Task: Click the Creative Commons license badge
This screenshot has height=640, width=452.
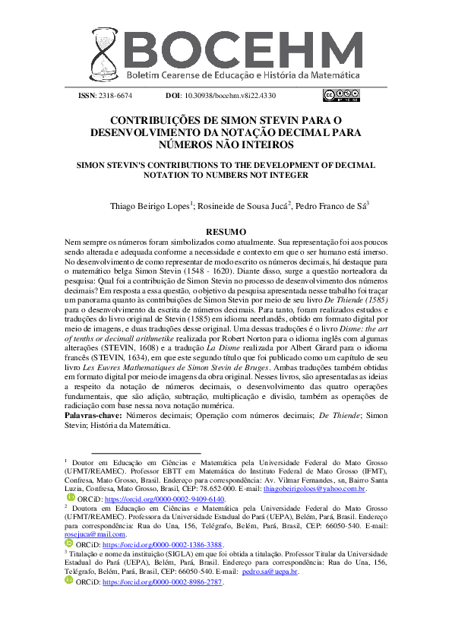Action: [341, 95]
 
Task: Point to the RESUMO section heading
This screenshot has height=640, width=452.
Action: [226, 231]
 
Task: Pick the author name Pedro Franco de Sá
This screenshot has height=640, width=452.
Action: [331, 205]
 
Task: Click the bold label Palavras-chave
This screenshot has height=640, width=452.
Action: [93, 417]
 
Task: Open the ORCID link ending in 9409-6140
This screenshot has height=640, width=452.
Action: [163, 499]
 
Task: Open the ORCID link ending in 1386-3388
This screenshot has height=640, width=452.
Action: [162, 545]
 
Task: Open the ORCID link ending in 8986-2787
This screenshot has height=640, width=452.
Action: [162, 581]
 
